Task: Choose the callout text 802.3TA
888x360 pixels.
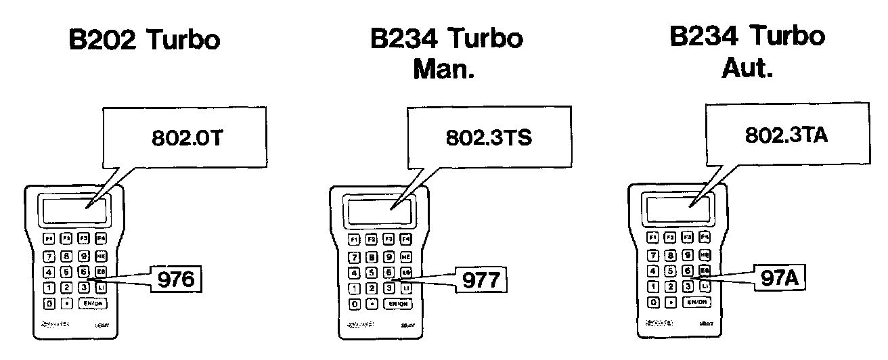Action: pyautogui.click(x=786, y=135)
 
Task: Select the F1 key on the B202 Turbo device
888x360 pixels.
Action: pyautogui.click(x=49, y=238)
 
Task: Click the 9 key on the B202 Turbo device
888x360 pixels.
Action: pyautogui.click(x=83, y=256)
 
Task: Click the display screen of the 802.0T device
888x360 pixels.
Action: pyautogui.click(x=74, y=210)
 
